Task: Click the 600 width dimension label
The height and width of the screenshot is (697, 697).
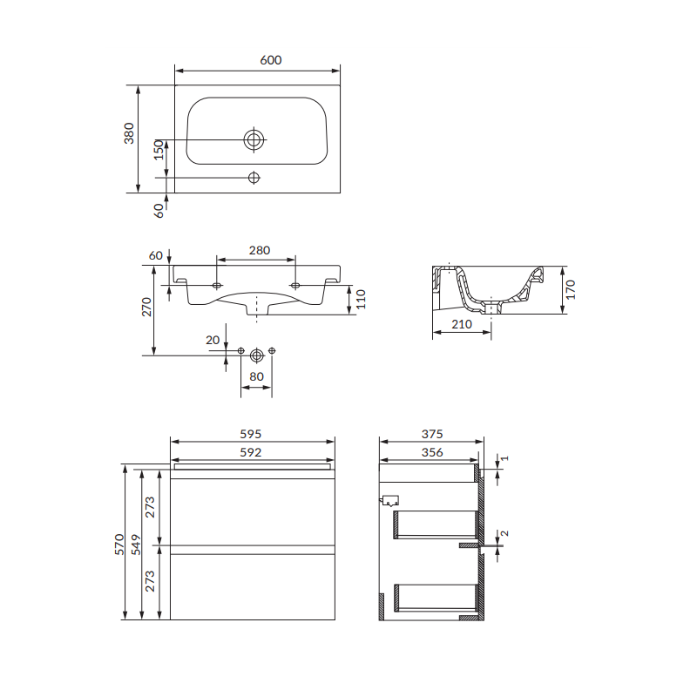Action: point(271,60)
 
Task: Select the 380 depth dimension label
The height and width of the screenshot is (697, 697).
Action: point(129,133)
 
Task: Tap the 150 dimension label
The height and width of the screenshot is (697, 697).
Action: point(159,150)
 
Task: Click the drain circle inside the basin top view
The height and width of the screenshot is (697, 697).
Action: point(254,140)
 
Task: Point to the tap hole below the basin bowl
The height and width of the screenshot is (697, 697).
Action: point(254,178)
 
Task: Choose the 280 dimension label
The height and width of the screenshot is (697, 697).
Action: point(260,250)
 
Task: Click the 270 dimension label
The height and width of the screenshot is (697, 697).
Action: point(146,308)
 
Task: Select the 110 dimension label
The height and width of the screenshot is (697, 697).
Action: point(361,299)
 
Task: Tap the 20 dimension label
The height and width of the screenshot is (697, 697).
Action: point(213,340)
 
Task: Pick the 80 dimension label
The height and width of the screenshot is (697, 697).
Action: point(256,376)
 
